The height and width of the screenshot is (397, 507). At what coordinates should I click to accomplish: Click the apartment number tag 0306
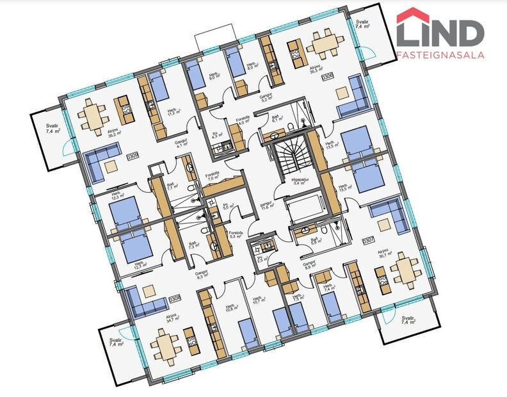click(x=327, y=77)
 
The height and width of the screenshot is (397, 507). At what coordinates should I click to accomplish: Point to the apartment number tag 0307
click(x=368, y=241)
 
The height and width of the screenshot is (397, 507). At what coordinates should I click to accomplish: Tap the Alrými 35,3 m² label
click(x=314, y=71)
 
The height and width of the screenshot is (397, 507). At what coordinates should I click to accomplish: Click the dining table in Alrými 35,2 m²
click(x=94, y=116)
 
